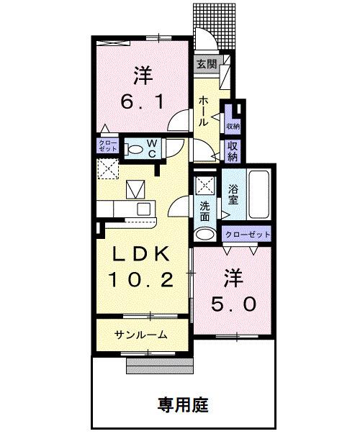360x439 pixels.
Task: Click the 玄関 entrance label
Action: [x=207, y=63]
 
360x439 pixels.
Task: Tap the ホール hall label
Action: [x=204, y=112]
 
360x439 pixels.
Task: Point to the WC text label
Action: [x=153, y=149]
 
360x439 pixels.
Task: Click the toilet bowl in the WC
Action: [x=134, y=150]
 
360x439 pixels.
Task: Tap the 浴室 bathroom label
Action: [x=233, y=195]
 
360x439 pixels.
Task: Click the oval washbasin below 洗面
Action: [x=205, y=234]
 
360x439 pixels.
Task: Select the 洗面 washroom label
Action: [x=205, y=209]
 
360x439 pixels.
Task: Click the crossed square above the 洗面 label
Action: [x=204, y=184]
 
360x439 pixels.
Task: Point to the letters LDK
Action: [x=140, y=254]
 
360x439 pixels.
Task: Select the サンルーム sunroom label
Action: [x=142, y=334]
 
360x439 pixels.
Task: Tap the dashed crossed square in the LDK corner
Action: [x=110, y=170]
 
